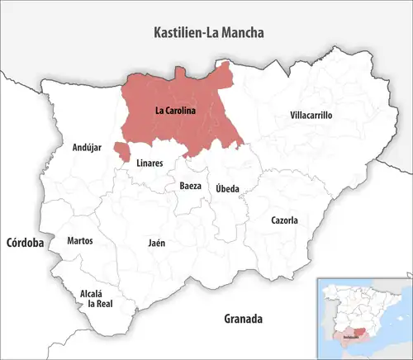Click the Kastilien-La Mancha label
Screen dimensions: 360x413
click(215, 33)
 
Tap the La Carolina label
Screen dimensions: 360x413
click(174, 110)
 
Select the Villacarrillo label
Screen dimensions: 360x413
click(311, 116)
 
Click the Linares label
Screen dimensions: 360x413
click(150, 163)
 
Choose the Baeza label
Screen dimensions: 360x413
click(190, 186)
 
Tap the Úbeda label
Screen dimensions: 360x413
click(228, 188)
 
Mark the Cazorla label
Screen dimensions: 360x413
click(284, 220)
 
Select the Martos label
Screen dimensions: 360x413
click(80, 241)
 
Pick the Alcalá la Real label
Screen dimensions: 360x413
click(92, 298)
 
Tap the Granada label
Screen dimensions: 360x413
click(243, 318)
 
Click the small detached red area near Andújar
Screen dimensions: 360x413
click(121, 151)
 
